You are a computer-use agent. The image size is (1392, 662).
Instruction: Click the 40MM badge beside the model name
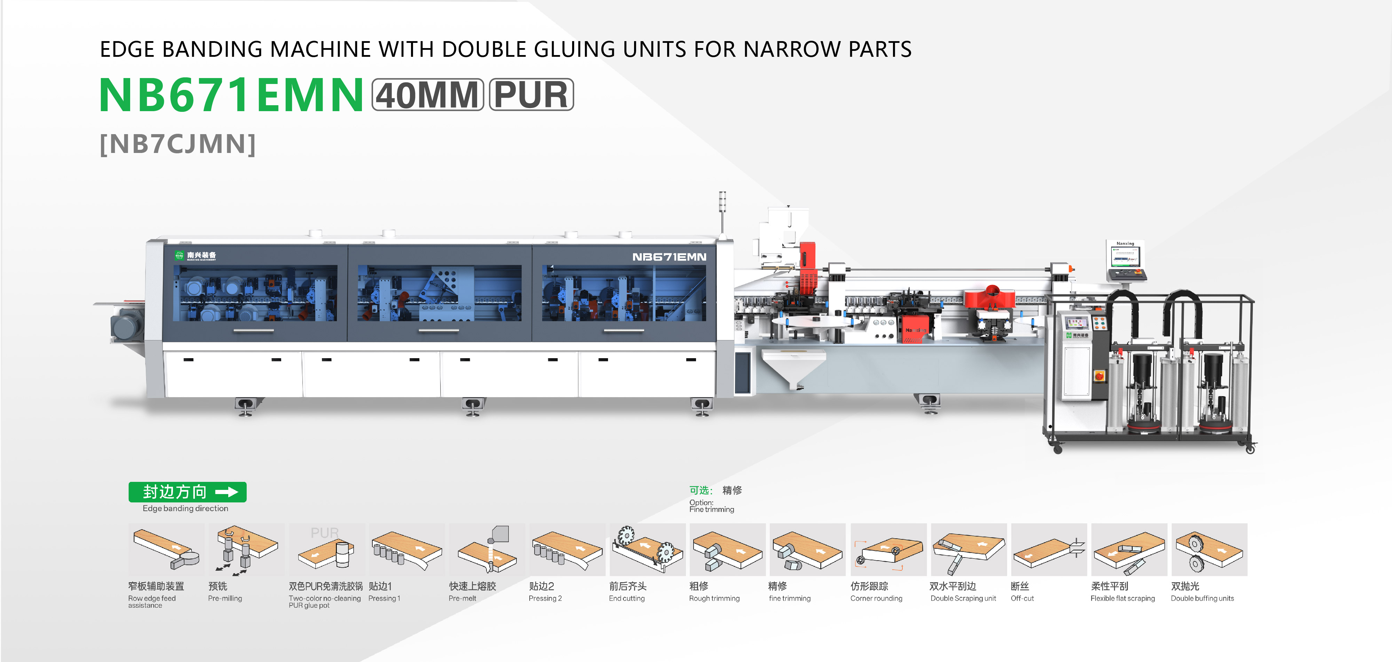427,95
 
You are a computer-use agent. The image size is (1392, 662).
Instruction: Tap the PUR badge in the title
531,95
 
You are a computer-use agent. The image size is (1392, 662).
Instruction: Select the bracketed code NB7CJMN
178,144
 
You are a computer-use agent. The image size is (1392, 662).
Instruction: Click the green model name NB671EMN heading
231,95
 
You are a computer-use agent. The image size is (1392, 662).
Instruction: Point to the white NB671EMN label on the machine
669,257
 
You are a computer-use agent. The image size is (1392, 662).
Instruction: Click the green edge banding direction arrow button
188,492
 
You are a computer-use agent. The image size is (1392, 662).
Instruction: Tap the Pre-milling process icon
246,549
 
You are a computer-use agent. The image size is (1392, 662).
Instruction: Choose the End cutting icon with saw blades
647,549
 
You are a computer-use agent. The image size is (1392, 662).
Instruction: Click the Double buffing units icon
1209,549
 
